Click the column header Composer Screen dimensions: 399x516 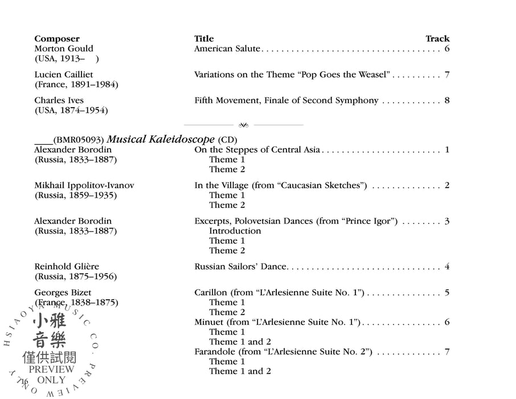click(x=57, y=39)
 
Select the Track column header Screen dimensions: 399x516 click(x=437, y=39)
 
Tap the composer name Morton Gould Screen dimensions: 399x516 click(x=64, y=48)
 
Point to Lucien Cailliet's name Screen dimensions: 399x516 click(x=64, y=75)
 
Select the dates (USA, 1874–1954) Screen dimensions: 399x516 click(x=71, y=111)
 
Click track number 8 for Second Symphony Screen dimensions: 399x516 click(x=447, y=101)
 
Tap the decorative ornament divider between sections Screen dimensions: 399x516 click(x=243, y=125)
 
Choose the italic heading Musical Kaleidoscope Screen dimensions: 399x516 click(x=161, y=139)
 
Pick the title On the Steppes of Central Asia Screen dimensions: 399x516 click(x=257, y=150)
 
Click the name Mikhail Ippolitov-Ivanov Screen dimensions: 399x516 click(x=84, y=185)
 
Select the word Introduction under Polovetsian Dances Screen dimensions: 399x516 click(x=235, y=231)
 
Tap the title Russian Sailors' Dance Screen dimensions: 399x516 click(x=240, y=267)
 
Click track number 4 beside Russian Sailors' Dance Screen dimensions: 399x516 click(x=447, y=267)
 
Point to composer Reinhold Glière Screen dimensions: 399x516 click(x=67, y=267)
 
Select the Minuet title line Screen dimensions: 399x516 click(x=277, y=322)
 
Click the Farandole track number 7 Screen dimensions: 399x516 click(x=447, y=352)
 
